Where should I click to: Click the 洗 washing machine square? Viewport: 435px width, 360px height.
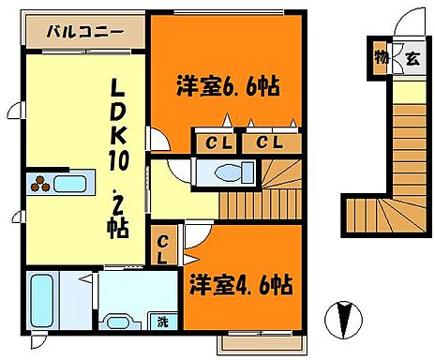click(162, 322)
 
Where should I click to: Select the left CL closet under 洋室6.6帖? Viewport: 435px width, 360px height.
click(213, 142)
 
